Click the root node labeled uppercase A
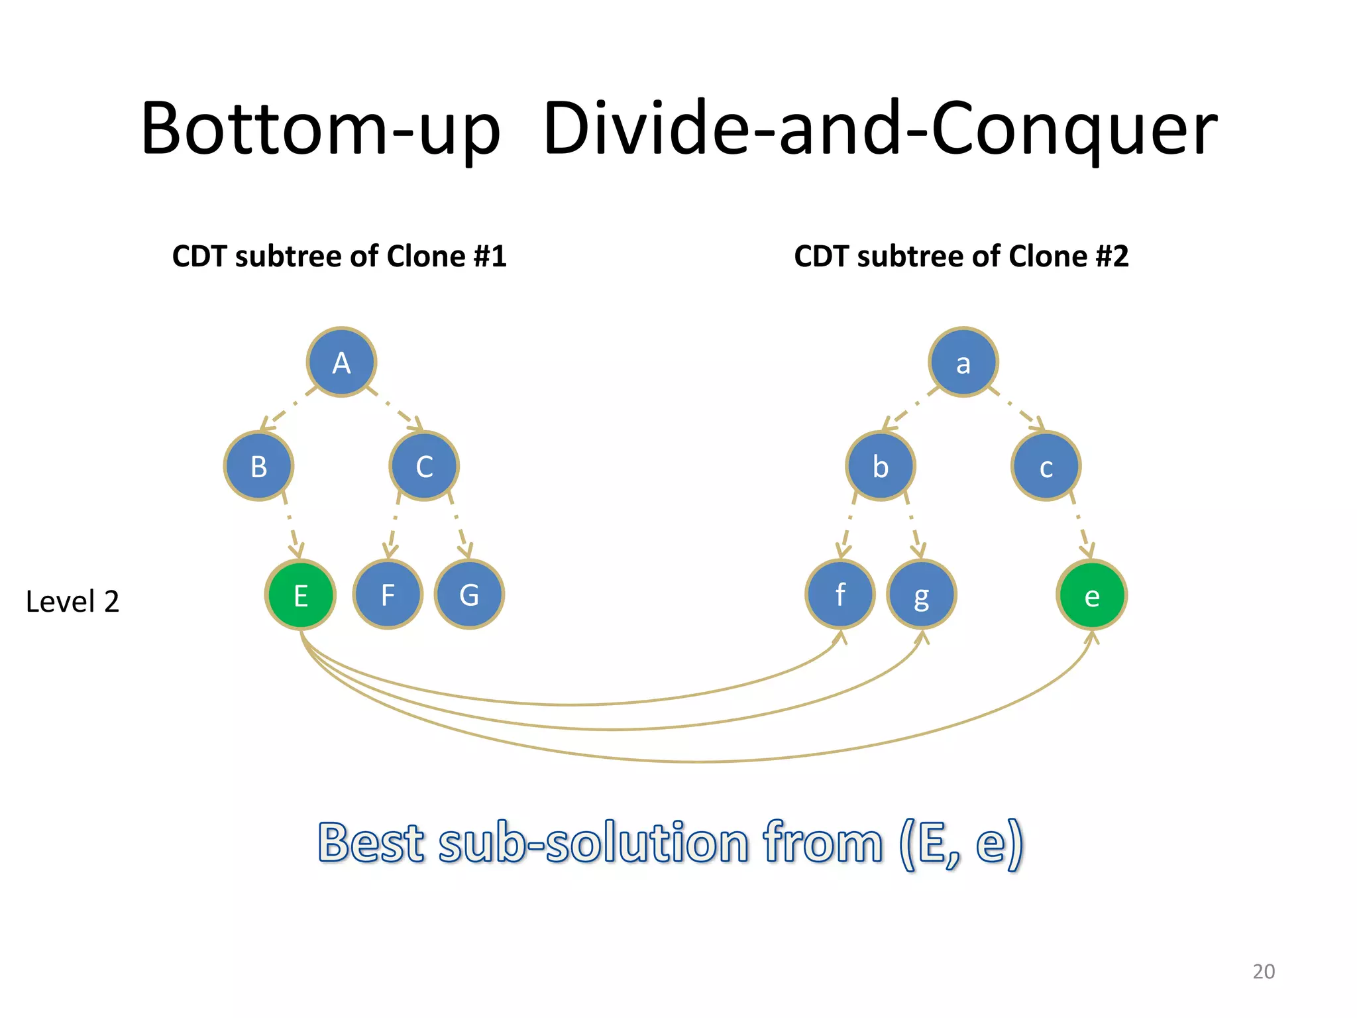click(341, 362)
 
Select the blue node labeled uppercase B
click(258, 466)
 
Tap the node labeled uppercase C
click(424, 466)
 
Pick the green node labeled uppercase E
click(300, 594)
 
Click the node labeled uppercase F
click(388, 594)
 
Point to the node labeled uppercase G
click(469, 594)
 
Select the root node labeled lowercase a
click(963, 362)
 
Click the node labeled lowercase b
click(880, 466)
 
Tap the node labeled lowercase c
click(1046, 466)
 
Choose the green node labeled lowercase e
click(1091, 594)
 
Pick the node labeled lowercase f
click(840, 594)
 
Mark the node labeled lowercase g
click(921, 594)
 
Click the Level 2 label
click(72, 602)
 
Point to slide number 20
click(1264, 971)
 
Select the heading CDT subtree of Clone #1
click(339, 256)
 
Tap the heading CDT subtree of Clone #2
click(961, 256)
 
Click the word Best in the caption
click(371, 843)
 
